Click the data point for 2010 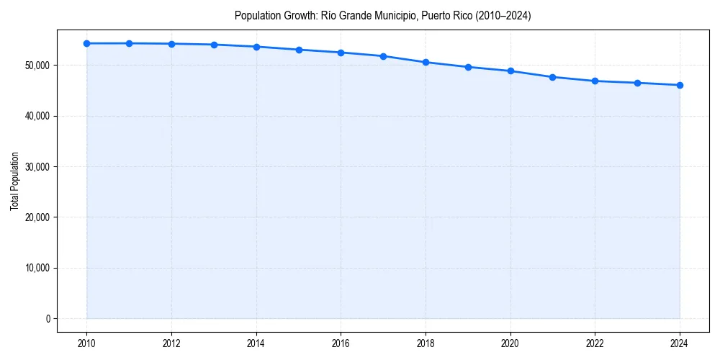86,43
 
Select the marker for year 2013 214,45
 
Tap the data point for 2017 383,56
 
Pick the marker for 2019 468,67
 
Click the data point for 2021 552,77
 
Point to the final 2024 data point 680,85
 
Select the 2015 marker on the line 299,50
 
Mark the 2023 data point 637,83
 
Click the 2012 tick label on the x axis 171,343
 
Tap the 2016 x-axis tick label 341,343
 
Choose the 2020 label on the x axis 510,343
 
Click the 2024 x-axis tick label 680,343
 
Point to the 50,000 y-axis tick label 36,66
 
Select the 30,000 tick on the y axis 36,167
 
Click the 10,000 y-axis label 36,268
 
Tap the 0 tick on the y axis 48,319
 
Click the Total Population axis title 14,181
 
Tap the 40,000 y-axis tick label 36,116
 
